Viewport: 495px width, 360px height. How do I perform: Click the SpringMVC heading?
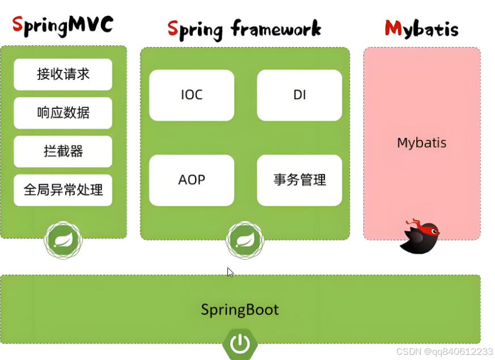click(x=63, y=26)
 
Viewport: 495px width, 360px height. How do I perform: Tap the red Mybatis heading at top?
click(x=421, y=28)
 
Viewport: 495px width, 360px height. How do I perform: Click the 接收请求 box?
click(x=63, y=74)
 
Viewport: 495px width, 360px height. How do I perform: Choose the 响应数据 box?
click(x=63, y=113)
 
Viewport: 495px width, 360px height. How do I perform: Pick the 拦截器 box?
click(x=63, y=151)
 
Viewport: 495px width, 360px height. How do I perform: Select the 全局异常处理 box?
click(x=63, y=190)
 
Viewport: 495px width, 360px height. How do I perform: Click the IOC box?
click(x=192, y=95)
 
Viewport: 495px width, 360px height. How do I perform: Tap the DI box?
click(x=299, y=95)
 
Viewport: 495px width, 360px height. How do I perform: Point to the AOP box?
click(x=192, y=180)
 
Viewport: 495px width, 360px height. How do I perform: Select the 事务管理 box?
click(x=299, y=180)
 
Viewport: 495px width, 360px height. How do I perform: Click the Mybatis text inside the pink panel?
click(x=421, y=143)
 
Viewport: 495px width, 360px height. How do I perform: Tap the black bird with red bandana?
click(x=420, y=235)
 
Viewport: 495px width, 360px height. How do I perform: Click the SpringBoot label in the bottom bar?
click(x=240, y=310)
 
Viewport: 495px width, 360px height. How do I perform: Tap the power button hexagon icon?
click(x=240, y=344)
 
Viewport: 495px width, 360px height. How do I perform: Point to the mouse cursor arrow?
click(x=230, y=272)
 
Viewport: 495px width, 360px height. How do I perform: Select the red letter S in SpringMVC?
click(x=18, y=26)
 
